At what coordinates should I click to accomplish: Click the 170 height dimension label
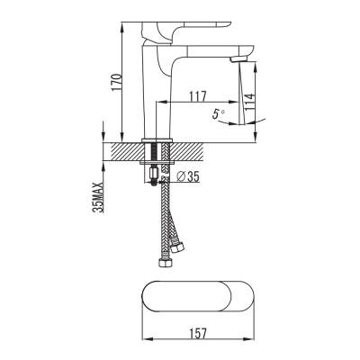coord(117,82)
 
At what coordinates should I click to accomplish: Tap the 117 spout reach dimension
coord(198,96)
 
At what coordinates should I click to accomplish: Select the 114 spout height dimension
coord(249,102)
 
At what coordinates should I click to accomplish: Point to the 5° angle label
coord(219,114)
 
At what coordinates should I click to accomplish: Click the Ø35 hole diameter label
coord(188,176)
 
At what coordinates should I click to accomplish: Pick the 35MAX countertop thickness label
coord(98,198)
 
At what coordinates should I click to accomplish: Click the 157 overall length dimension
coord(198,333)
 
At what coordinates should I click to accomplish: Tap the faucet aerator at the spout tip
coord(238,59)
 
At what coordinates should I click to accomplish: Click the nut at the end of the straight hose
coord(165,263)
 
